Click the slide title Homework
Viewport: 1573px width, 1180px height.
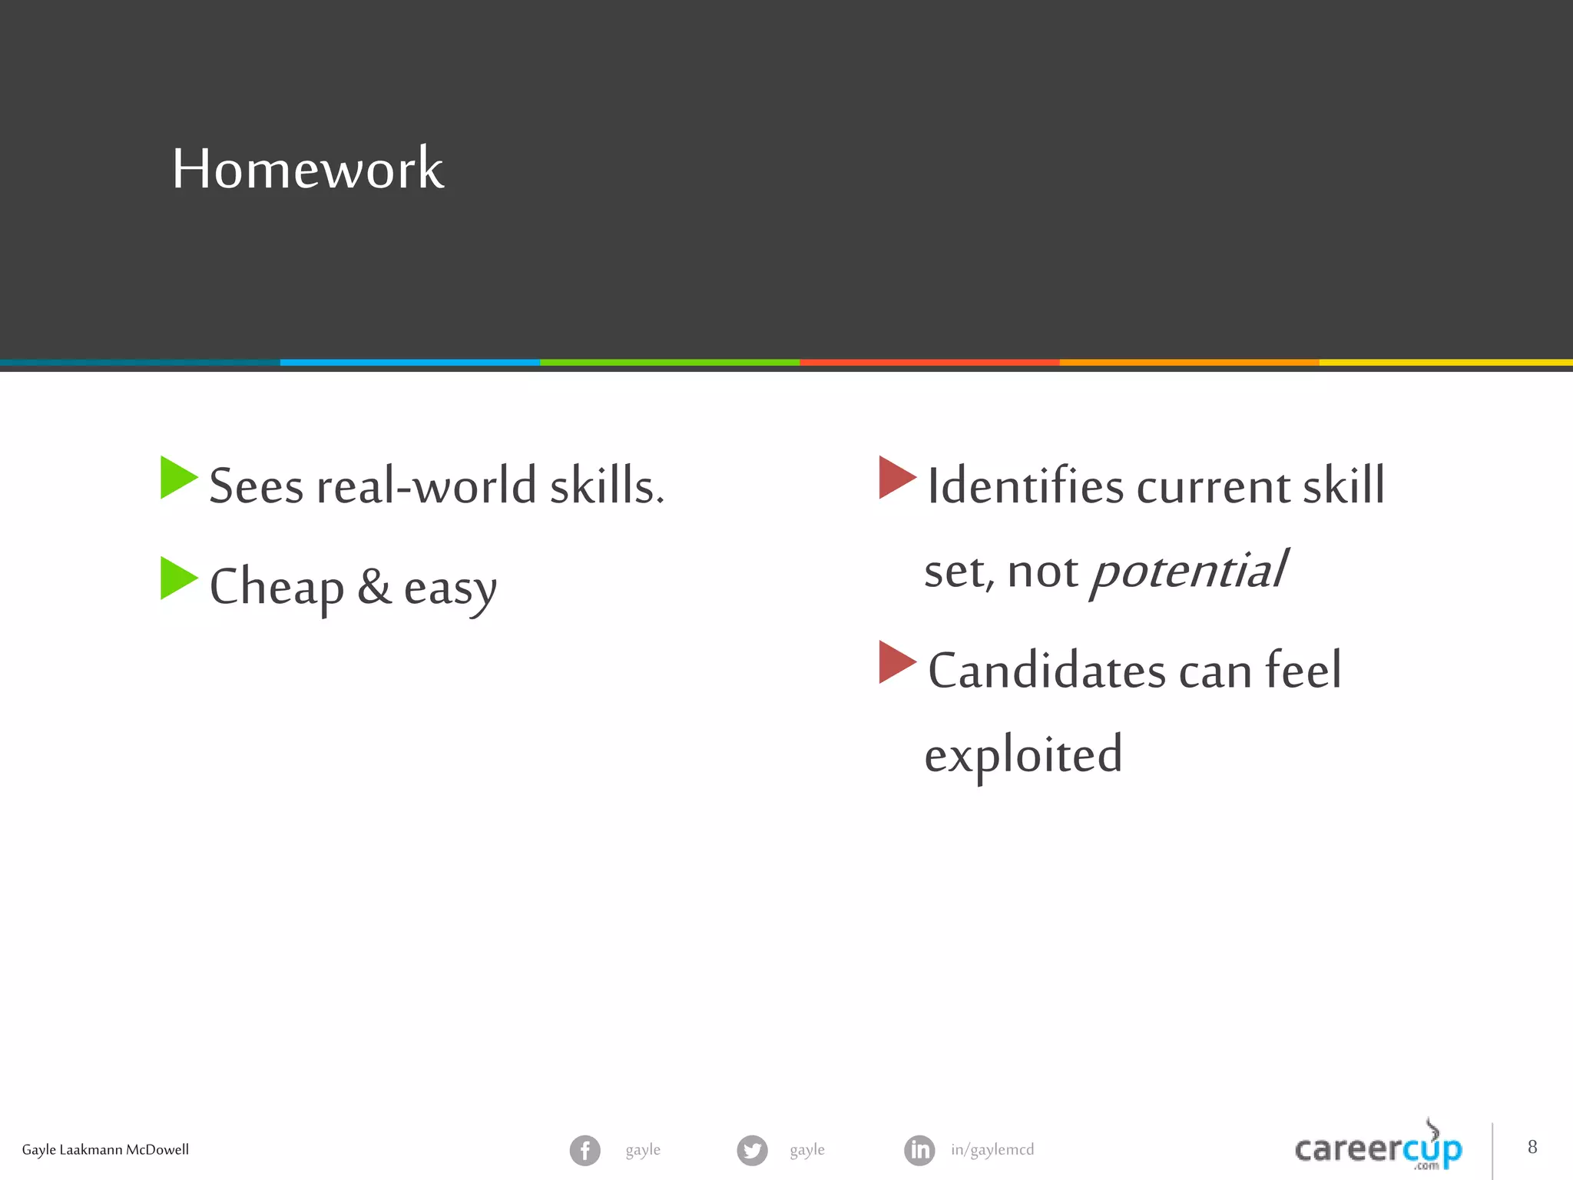point(307,168)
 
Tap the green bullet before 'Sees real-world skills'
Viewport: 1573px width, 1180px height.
point(177,478)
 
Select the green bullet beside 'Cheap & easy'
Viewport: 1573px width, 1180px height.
point(177,578)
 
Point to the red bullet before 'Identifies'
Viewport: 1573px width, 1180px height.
point(896,478)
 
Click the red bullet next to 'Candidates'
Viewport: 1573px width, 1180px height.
point(896,662)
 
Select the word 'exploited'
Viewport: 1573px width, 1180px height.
point(1023,755)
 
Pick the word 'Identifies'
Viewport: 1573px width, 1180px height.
point(1025,486)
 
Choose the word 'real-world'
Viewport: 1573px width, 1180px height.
point(426,486)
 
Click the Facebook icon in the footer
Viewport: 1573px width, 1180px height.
point(584,1150)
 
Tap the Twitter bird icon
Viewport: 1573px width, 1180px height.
point(752,1150)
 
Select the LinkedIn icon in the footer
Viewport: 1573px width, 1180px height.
point(919,1150)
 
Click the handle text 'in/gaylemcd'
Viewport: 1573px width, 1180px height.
point(992,1150)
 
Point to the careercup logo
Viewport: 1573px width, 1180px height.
point(1378,1149)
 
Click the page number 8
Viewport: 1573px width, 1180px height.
point(1532,1147)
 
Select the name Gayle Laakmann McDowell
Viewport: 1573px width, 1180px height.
point(105,1150)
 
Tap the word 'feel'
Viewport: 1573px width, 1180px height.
point(1303,671)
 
